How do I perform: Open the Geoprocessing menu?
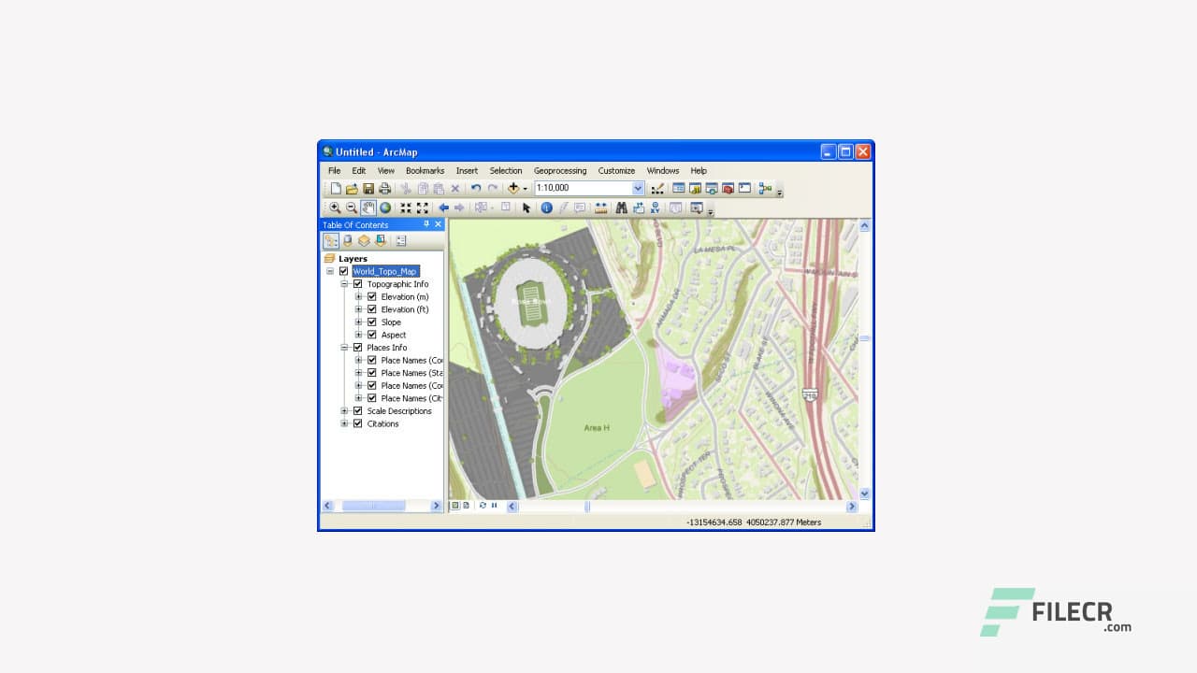point(559,171)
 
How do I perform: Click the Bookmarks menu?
point(425,171)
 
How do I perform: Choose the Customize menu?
point(616,171)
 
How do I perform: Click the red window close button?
point(863,151)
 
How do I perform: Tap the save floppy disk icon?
point(368,188)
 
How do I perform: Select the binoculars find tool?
point(621,208)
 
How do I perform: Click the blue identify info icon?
point(546,208)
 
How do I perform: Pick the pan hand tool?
point(368,208)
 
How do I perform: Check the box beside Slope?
point(372,322)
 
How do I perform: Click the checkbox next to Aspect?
point(372,335)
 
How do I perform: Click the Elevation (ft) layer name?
point(404,309)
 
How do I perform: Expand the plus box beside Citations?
point(344,423)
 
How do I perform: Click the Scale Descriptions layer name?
point(399,411)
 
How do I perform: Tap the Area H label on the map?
point(597,427)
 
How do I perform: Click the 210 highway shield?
point(810,394)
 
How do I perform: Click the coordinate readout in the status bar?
point(753,523)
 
